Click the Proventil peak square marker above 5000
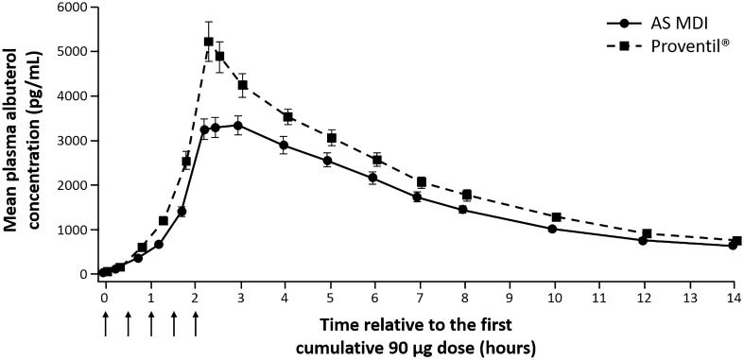pos(209,42)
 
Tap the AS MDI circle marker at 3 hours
pos(238,126)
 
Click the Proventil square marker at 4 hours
pos(284,117)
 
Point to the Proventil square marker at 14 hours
pos(736,241)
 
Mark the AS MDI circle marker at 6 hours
pos(373,178)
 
